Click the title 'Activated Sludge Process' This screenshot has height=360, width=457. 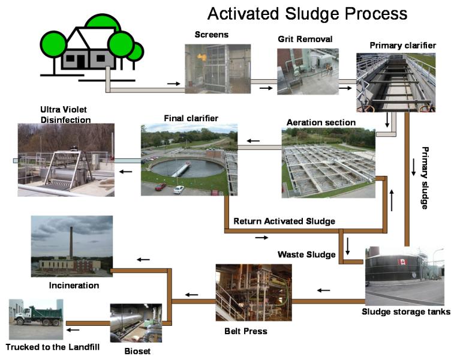coord(307,13)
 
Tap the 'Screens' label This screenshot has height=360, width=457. coord(212,35)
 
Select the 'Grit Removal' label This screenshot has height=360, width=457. coord(305,40)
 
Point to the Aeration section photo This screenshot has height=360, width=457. coord(329,163)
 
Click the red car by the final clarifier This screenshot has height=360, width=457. coord(160,187)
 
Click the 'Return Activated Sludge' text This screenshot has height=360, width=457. coord(284,221)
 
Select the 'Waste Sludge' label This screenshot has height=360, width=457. coord(306,254)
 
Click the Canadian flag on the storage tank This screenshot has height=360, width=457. coord(399,262)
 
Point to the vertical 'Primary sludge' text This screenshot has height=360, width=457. coord(425,178)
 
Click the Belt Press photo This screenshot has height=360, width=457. coord(249,293)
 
